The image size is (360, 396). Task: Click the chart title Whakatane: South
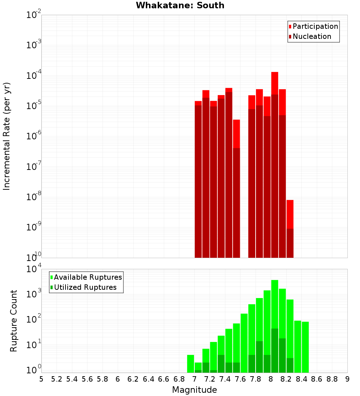[x=180, y=5]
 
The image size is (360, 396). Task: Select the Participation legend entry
[x=315, y=26]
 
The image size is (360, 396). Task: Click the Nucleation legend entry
[x=312, y=36]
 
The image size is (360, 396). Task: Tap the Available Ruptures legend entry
[x=88, y=277]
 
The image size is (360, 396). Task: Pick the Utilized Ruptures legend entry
[x=85, y=287]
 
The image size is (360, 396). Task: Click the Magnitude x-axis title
[x=194, y=390]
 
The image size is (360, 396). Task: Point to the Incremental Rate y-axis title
[x=7, y=136]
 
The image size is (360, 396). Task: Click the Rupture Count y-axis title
[x=14, y=320]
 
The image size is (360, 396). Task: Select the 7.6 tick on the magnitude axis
[x=240, y=379]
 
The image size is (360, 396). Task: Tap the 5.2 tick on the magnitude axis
[x=57, y=379]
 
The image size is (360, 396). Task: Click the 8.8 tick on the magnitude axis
[x=332, y=379]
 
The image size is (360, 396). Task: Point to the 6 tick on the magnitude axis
[x=118, y=379]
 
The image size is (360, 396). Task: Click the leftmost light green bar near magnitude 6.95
[x=190, y=364]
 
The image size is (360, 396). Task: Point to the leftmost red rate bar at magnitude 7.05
[x=198, y=180]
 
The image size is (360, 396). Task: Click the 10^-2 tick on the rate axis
[x=34, y=15]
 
